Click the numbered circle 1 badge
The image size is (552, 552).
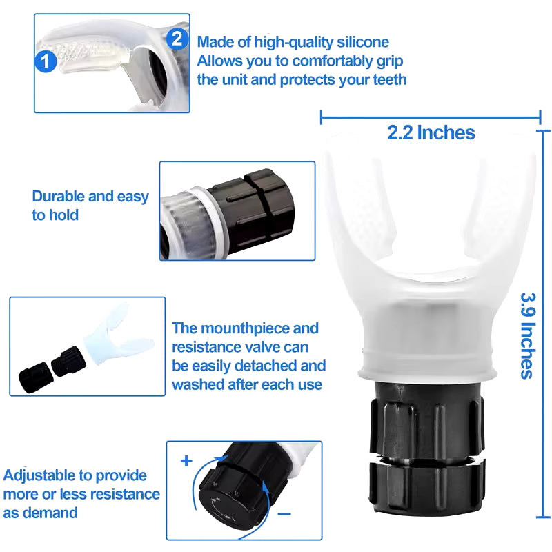45,62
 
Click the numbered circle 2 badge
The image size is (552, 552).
177,38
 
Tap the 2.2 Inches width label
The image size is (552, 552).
431,132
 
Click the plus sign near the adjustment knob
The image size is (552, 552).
186,461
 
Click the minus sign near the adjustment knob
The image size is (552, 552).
285,514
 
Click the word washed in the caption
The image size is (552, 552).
197,384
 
